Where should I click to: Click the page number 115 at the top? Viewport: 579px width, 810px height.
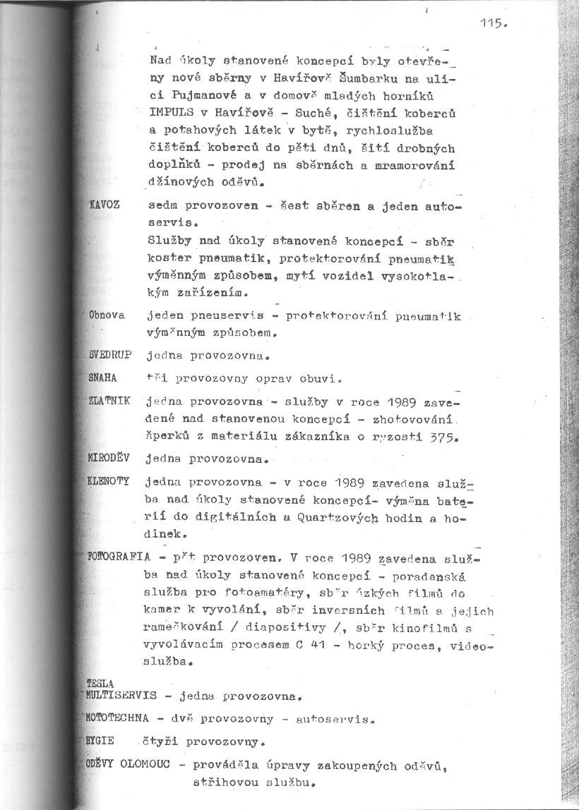491,23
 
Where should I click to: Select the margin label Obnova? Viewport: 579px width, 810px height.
107,315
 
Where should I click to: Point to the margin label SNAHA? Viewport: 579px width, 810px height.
103,377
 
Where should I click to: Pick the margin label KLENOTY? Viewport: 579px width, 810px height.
109,481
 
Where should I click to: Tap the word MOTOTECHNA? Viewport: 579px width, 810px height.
117,719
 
